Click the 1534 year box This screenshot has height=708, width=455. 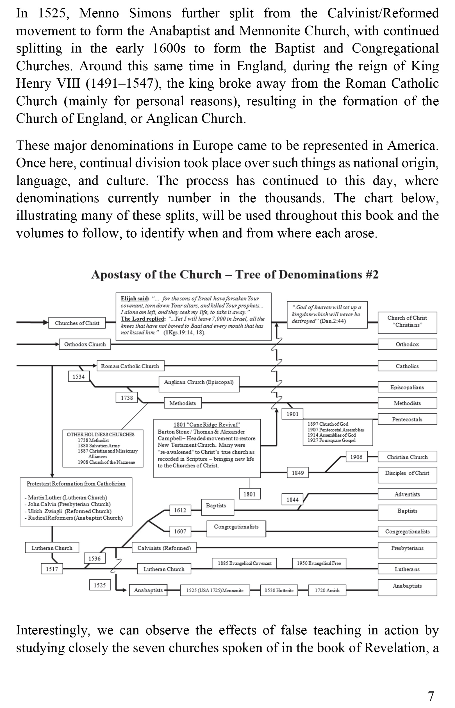click(79, 376)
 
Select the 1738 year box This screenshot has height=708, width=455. click(127, 398)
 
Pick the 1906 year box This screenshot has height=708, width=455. click(356, 457)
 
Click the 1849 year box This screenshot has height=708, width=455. click(298, 473)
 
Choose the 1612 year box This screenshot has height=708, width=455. click(180, 510)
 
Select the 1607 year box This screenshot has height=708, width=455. click(180, 531)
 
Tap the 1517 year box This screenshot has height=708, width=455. click(52, 569)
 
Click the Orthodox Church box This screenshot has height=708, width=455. click(85, 344)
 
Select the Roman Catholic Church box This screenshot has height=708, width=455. click(130, 366)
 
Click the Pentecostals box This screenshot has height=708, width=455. click(407, 419)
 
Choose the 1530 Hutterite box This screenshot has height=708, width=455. click(279, 590)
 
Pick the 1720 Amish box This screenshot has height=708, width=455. click(327, 590)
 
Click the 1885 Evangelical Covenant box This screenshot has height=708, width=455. click(244, 563)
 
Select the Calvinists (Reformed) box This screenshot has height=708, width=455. click(164, 548)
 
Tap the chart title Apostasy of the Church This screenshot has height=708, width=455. click(235, 274)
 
